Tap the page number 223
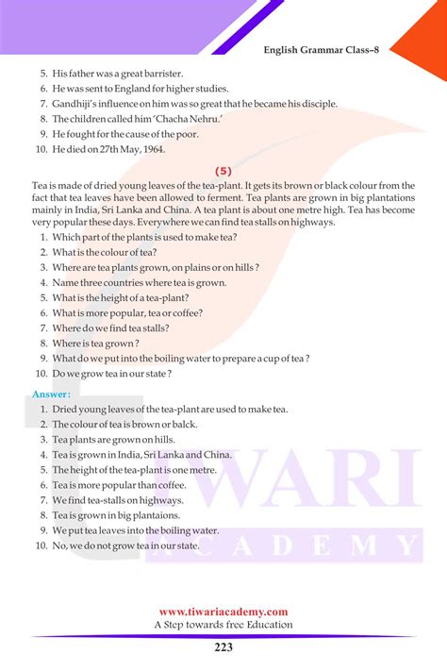[223, 647]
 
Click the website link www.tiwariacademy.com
[223, 612]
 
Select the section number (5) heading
[223, 171]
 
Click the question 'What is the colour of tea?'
[105, 252]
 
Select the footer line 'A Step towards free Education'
[223, 625]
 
